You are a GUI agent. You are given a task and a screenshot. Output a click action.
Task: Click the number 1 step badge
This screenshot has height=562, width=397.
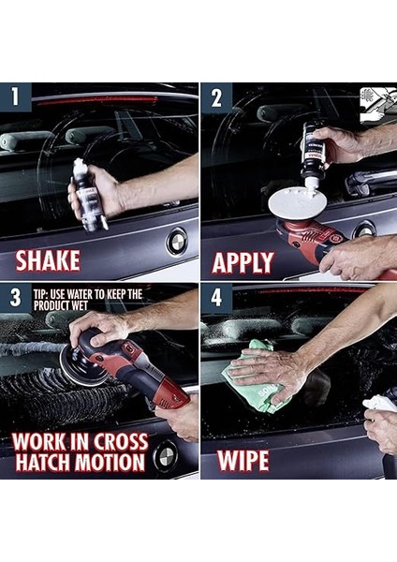15,96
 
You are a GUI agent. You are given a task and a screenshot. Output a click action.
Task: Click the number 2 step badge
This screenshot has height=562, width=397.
216,97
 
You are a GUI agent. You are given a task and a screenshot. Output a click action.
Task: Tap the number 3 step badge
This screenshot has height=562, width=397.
15,298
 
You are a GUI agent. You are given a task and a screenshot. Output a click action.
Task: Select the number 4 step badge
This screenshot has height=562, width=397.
216,298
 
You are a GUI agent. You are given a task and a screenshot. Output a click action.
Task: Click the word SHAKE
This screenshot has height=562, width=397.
48,260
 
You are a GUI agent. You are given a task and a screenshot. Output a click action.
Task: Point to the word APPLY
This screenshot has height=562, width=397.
243,262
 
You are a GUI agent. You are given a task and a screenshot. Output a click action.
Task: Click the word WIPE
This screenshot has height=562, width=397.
243,460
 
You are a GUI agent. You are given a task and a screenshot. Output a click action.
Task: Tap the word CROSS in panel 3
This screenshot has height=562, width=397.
118,441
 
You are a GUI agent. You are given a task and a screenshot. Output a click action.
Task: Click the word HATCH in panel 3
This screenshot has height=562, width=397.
43,463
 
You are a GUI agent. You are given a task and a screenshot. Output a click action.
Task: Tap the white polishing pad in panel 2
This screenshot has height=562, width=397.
297,203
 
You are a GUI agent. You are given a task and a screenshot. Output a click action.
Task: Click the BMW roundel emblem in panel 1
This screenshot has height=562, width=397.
176,242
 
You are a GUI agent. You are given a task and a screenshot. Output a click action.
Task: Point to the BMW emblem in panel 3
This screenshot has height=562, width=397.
165,456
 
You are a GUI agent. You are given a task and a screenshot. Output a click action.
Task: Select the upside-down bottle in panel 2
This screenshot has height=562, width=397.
313,155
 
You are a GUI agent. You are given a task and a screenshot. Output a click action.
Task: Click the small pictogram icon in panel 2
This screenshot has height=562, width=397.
377,105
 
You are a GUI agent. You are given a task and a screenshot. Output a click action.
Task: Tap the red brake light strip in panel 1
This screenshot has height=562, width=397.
97,101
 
